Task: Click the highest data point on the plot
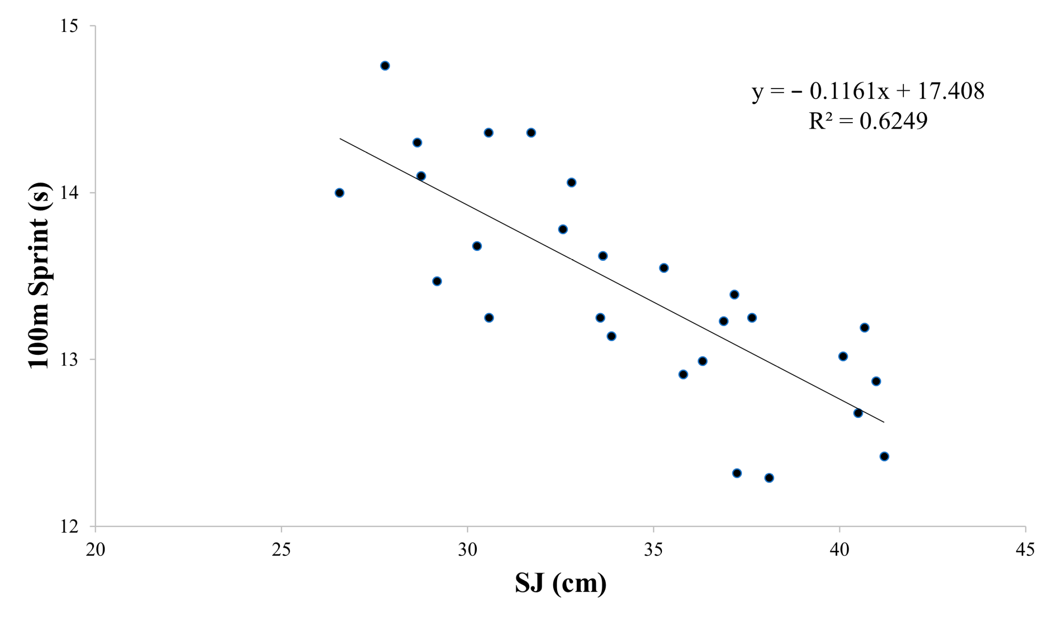point(385,66)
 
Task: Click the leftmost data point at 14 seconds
point(339,193)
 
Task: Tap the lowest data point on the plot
point(769,478)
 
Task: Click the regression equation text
point(868,91)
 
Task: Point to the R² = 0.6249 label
point(868,121)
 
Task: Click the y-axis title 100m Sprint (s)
point(39,275)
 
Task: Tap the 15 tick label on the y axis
point(69,26)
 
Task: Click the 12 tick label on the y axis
point(69,526)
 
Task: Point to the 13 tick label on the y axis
point(69,360)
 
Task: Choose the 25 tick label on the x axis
point(281,550)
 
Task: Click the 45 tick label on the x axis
point(1025,550)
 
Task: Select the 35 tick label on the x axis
point(653,550)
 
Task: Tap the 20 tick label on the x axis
point(95,550)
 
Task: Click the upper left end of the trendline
point(340,138)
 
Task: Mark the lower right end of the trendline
point(883,422)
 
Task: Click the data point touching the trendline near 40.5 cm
point(858,413)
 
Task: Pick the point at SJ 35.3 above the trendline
point(664,268)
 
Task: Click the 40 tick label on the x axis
point(839,550)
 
